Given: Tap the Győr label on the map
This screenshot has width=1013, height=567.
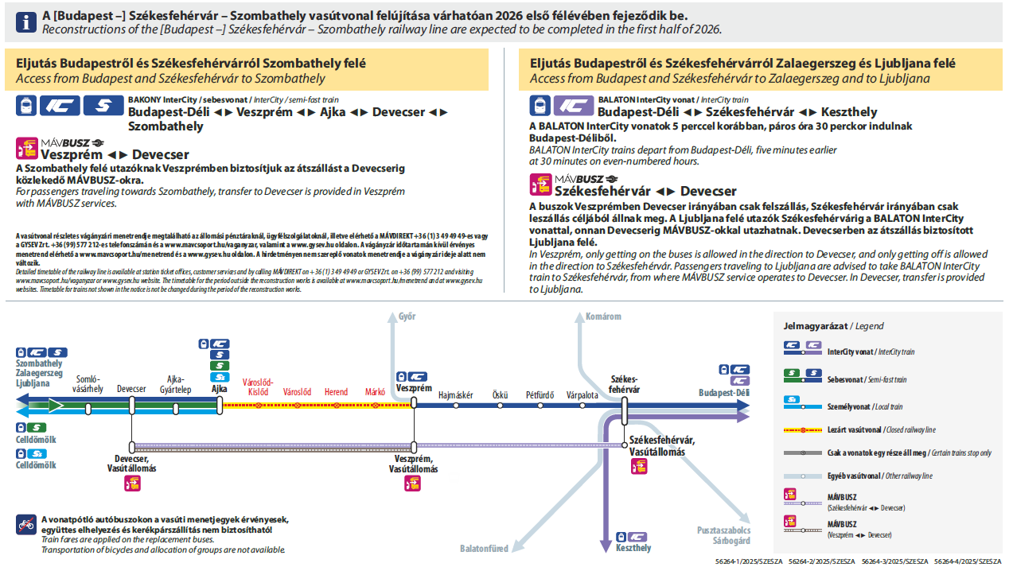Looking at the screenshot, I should coord(407,317).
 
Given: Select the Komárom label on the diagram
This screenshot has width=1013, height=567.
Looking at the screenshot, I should coord(602,317).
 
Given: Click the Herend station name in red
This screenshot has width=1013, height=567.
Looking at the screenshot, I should coord(336,392).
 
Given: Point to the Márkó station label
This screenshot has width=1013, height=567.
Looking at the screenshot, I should coord(375,392).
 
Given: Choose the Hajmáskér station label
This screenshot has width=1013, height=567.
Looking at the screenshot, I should coord(456,394).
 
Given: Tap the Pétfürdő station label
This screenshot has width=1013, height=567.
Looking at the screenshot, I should coord(540,394).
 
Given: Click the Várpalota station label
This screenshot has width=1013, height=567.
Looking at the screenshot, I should coord(582,394).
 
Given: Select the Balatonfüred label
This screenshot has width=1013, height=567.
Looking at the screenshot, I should coord(484,549).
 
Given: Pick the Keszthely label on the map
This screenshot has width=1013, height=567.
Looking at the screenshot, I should coord(633,548).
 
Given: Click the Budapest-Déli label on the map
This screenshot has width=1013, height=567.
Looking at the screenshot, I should coord(724,393).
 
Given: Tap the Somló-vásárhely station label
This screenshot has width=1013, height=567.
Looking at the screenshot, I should coord(88,384).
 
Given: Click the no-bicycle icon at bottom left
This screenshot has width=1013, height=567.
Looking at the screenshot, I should coord(25,525).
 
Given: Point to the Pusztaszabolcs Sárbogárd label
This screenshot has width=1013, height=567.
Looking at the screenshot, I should coord(719,535).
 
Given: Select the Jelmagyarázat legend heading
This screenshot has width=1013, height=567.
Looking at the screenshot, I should coord(833,326).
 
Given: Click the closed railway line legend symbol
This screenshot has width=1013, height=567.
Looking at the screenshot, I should coord(802,429).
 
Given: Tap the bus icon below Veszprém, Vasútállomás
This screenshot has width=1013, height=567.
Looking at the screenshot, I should coord(412,483).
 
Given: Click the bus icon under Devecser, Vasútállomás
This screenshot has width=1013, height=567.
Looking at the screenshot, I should coord(132,483).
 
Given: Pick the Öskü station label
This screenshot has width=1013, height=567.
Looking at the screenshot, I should coord(500,394).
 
